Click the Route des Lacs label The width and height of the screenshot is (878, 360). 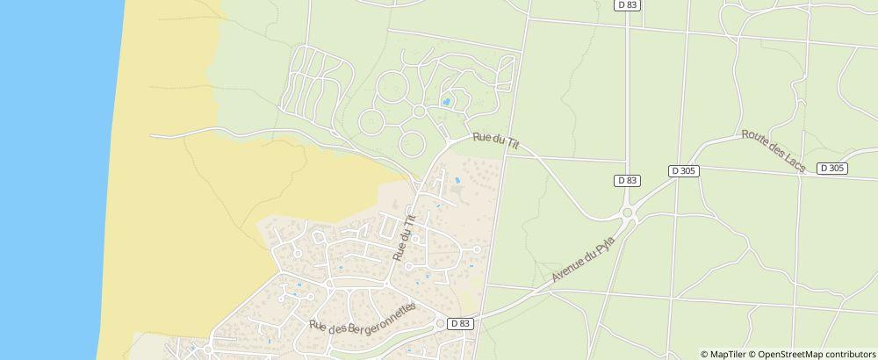(x=774, y=151)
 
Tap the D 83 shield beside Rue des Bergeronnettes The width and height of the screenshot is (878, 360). (x=460, y=323)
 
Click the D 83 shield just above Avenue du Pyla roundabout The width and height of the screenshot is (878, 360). (x=627, y=180)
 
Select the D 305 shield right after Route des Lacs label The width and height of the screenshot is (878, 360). (x=831, y=168)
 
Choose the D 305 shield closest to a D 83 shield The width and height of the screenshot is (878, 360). (x=684, y=170)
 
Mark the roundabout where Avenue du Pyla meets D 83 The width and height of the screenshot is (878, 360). (x=628, y=212)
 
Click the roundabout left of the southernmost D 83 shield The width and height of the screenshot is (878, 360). (x=439, y=324)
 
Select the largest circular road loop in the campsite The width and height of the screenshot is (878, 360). (x=392, y=89)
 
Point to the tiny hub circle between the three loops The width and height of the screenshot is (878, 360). (x=419, y=112)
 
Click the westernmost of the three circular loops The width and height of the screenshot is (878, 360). (x=371, y=122)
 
